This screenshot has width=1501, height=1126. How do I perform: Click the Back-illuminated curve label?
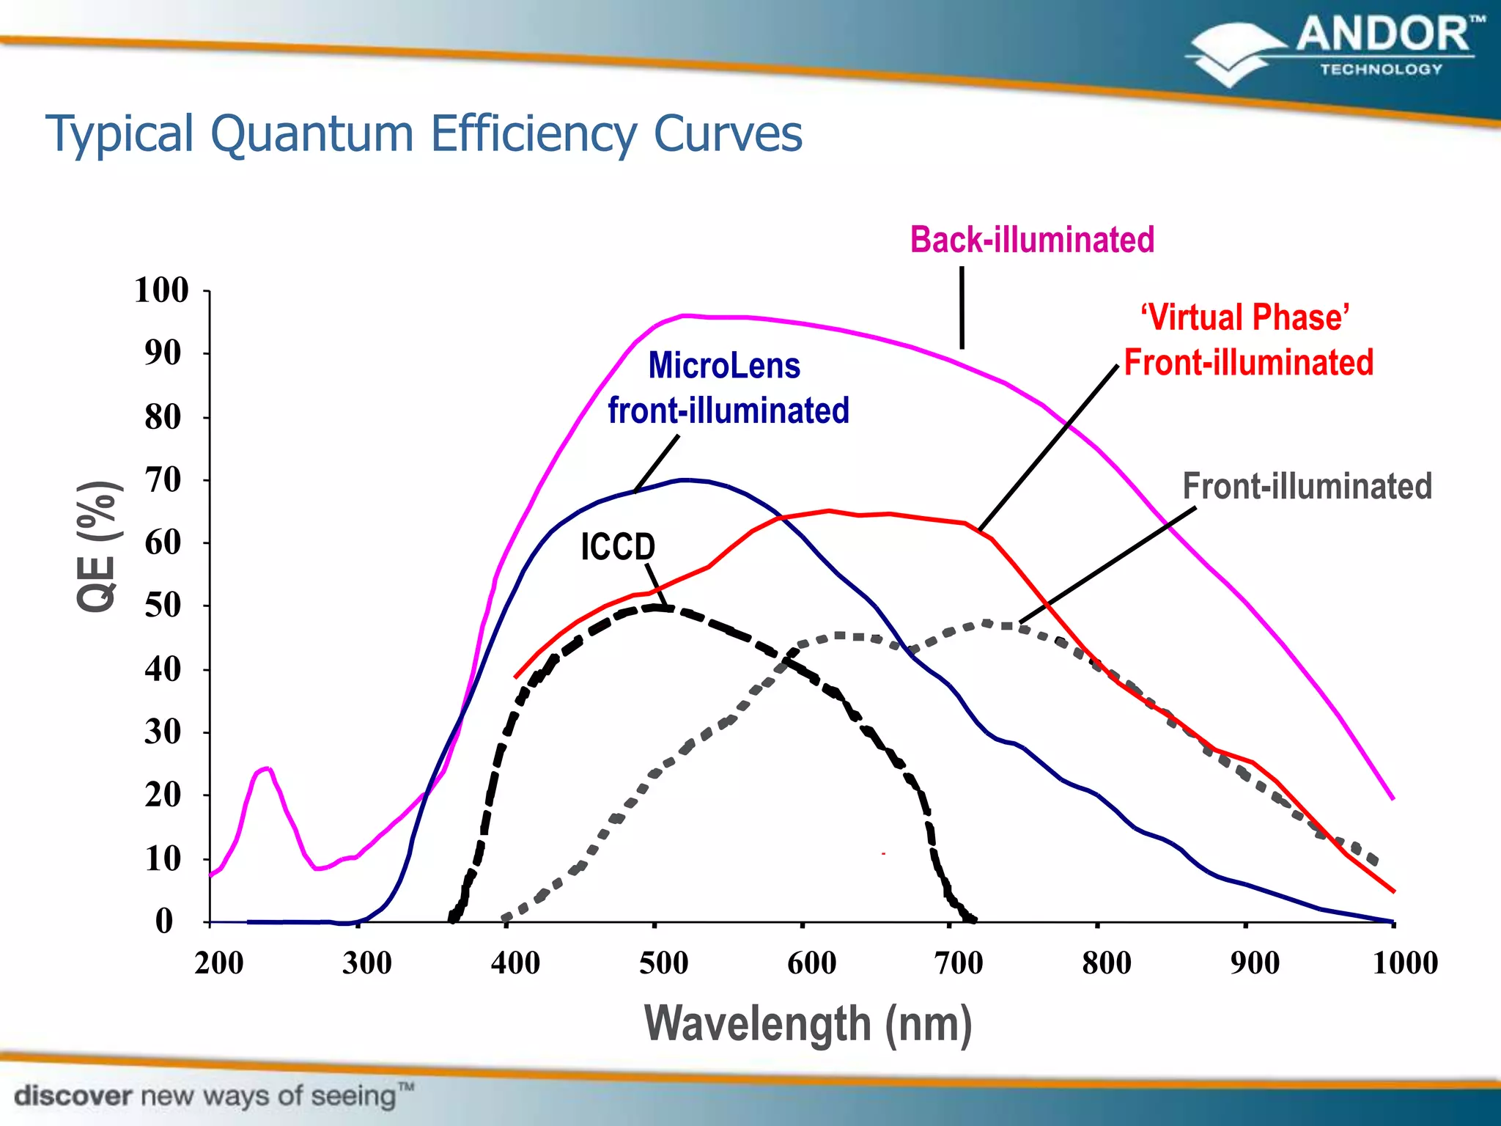[x=1032, y=240]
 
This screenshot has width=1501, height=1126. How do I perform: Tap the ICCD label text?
[x=618, y=547]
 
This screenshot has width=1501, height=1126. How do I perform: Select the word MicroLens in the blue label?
[x=724, y=366]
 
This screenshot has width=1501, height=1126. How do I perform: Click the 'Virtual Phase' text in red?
[x=1244, y=318]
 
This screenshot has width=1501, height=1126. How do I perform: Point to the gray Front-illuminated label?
[x=1307, y=487]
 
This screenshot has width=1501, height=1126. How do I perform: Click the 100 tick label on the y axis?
[x=161, y=290]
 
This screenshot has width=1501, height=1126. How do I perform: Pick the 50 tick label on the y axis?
[x=163, y=606]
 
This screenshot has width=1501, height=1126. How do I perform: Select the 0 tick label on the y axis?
[x=164, y=921]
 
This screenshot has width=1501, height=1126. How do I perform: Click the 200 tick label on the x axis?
[x=218, y=963]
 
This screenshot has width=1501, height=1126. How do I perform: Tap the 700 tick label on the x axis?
[x=959, y=963]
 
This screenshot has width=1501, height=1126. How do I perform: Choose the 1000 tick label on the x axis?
[x=1404, y=963]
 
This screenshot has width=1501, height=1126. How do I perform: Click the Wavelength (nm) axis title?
[x=808, y=1024]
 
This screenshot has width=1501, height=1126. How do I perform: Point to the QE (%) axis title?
[x=97, y=546]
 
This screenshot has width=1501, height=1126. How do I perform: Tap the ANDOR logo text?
[x=1384, y=35]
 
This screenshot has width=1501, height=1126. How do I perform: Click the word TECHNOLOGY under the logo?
[x=1381, y=70]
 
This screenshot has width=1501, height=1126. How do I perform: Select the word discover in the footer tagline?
[x=73, y=1097]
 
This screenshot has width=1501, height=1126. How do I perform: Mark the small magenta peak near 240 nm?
[x=265, y=769]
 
